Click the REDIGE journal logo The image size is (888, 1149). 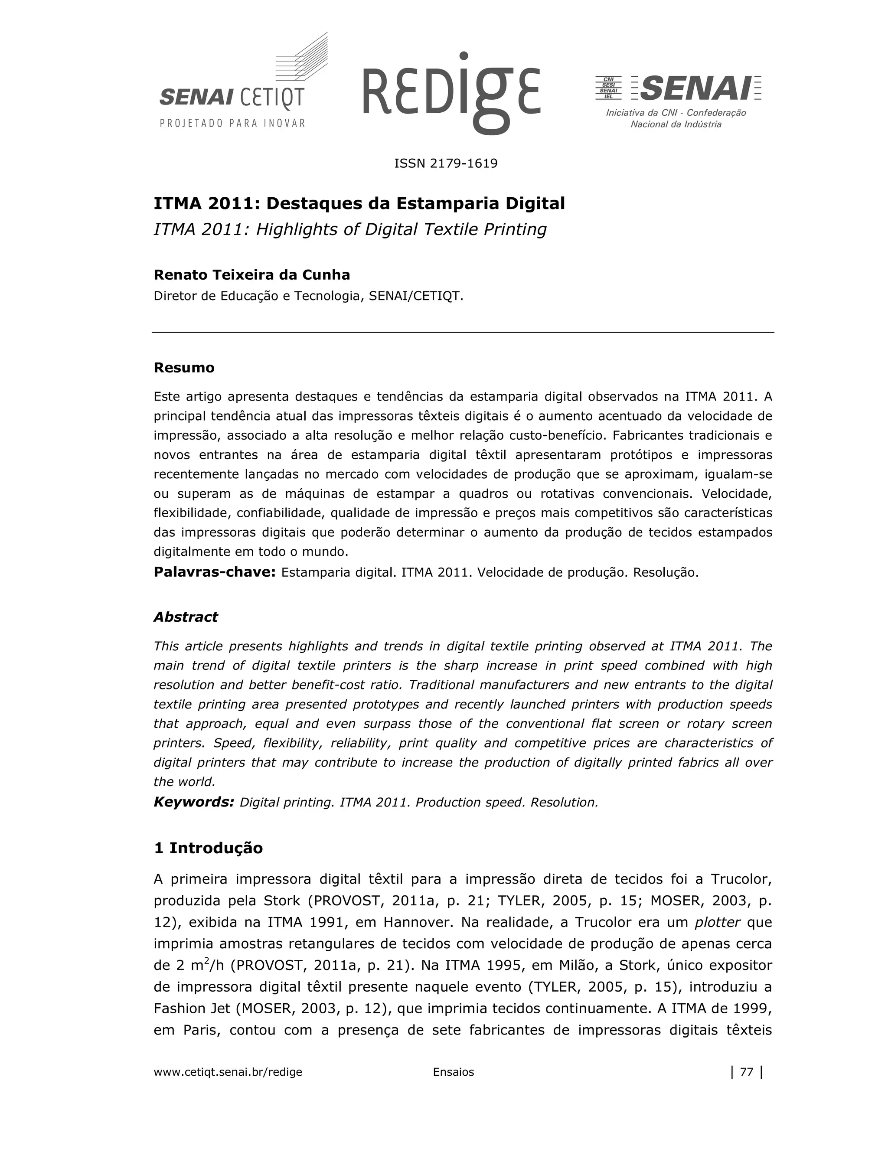(x=451, y=93)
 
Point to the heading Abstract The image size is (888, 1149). (x=185, y=617)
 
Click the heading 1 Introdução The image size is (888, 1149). (x=208, y=848)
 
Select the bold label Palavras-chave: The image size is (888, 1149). (x=215, y=572)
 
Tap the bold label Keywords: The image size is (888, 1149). (x=193, y=802)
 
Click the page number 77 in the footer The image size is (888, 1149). (x=747, y=1072)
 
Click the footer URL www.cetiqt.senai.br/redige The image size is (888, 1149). (x=228, y=1072)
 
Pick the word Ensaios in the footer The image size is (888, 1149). (x=453, y=1072)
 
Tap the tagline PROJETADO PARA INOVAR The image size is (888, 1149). (x=232, y=123)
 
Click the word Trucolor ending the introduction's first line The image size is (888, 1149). (x=741, y=879)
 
